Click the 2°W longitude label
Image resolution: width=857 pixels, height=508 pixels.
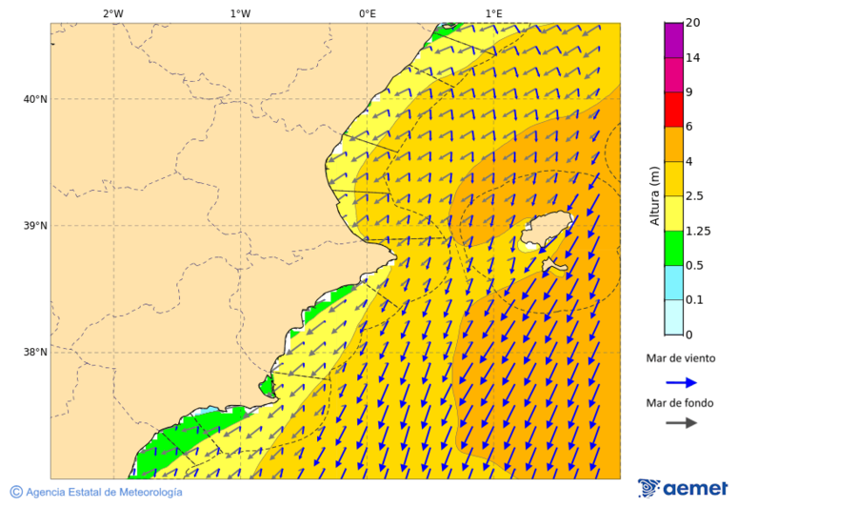(112, 13)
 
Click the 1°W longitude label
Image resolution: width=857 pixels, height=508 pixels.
(240, 13)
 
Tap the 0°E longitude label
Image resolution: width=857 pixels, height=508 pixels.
(367, 13)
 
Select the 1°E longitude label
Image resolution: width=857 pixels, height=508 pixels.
(493, 13)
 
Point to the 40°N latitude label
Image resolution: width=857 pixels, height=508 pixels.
(35, 99)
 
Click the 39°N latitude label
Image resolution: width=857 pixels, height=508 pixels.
(35, 226)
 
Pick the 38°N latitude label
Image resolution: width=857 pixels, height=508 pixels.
(35, 353)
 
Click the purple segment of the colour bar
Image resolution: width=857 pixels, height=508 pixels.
(674, 40)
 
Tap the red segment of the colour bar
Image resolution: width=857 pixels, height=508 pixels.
(674, 110)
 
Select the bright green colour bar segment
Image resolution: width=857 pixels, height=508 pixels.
(674, 248)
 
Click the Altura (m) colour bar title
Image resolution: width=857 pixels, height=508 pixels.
(654, 195)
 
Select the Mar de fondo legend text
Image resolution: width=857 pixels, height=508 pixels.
(679, 403)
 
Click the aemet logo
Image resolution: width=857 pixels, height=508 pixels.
(683, 488)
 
